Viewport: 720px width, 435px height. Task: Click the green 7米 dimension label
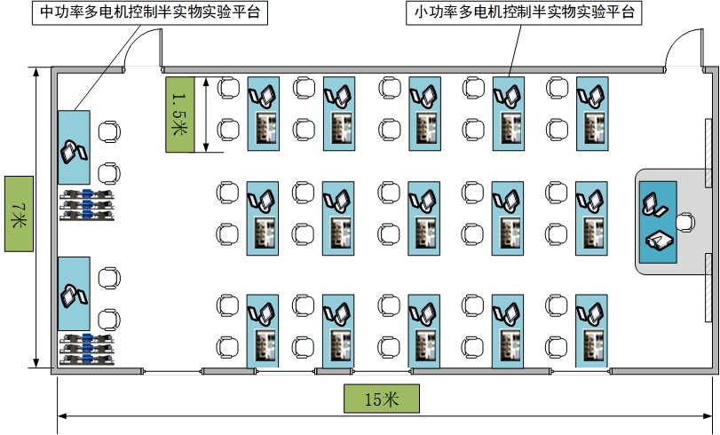point(19,213)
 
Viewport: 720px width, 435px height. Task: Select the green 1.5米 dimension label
point(181,115)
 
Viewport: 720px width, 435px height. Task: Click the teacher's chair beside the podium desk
point(684,222)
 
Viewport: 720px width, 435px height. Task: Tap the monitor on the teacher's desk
point(653,205)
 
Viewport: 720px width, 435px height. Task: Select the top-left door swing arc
point(142,49)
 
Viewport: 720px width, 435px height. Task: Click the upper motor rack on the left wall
point(87,202)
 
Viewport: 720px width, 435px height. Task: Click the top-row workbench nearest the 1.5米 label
point(263,113)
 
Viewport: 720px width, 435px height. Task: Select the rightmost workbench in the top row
point(592,113)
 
